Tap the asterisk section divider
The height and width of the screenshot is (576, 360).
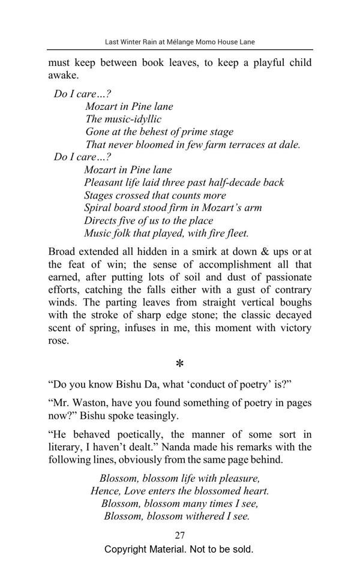point(179,364)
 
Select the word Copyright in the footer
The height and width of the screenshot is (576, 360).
point(126,549)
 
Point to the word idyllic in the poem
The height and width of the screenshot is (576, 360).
point(146,119)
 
